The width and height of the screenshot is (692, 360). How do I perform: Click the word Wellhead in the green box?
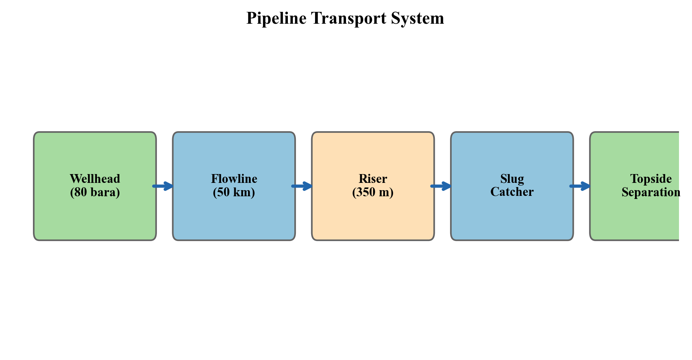[95, 179]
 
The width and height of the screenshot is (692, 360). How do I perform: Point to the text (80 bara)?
[95, 192]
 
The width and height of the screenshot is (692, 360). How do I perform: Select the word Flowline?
[234, 179]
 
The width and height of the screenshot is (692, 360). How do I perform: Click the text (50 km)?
[234, 192]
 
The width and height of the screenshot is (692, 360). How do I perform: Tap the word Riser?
[373, 179]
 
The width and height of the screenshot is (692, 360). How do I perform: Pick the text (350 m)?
[373, 192]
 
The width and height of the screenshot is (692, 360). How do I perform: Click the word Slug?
[512, 179]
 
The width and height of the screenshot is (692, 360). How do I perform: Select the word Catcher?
[512, 192]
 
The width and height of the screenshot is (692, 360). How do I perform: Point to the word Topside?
[651, 179]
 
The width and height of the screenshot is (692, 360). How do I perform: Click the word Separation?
[651, 192]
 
